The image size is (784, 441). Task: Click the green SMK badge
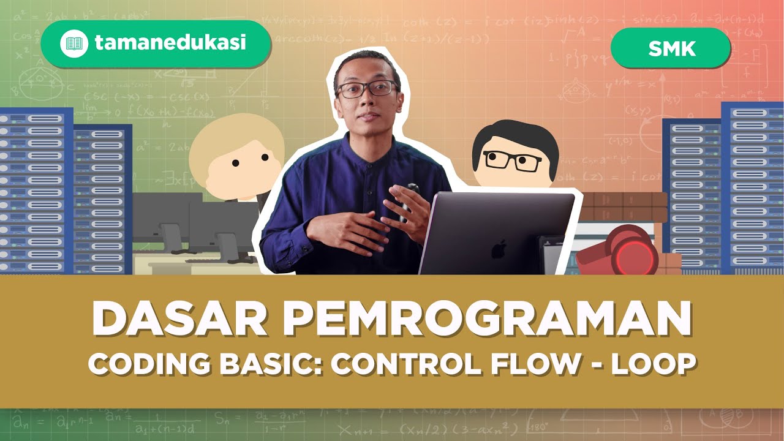[671, 48]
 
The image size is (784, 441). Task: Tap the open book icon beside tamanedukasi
[74, 43]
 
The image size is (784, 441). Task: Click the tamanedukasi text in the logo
[170, 43]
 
